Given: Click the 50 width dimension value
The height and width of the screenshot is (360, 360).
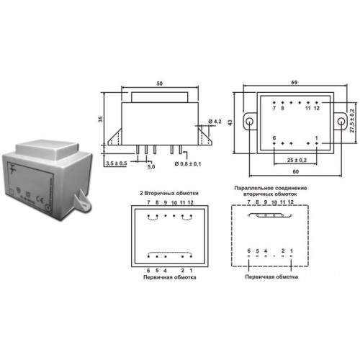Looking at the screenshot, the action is pyautogui.click(x=159, y=84).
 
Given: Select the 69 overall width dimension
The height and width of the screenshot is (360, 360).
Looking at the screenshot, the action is pyautogui.click(x=294, y=83).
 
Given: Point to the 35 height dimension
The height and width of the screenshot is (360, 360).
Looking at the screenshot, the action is pyautogui.click(x=101, y=119).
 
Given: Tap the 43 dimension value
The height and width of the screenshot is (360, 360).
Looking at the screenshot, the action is pyautogui.click(x=230, y=122).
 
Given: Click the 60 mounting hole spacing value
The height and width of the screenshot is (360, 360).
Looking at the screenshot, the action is pyautogui.click(x=295, y=171).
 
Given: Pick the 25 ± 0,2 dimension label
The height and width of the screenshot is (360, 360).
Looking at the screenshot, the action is pyautogui.click(x=297, y=160).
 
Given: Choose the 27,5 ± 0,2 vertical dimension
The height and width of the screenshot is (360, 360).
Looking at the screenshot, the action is pyautogui.click(x=352, y=120).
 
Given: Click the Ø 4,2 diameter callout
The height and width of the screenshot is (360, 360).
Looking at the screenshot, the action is pyautogui.click(x=215, y=122).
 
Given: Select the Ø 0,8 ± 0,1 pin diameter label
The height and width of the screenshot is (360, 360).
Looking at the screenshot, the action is pyautogui.click(x=188, y=164).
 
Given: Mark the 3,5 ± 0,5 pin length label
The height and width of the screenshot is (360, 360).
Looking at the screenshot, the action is pyautogui.click(x=117, y=163).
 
